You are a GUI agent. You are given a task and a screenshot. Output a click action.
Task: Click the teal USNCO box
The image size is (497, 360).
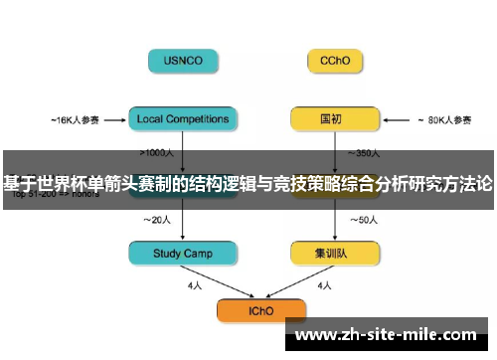tap(183, 61)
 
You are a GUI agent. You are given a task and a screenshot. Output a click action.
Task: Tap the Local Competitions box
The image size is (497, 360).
tap(183, 119)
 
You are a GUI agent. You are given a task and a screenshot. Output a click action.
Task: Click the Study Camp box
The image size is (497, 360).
tap(183, 254)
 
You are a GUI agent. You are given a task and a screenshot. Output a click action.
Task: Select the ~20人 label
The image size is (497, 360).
tap(159, 220)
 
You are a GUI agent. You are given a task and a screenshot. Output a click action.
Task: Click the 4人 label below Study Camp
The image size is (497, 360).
tap(196, 285)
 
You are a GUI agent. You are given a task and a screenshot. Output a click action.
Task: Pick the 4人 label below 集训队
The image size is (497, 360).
tap(324, 285)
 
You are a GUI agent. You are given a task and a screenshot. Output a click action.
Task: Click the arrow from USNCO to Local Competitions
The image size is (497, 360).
tap(183, 90)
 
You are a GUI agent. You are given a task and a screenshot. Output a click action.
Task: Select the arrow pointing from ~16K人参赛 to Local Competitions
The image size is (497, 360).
tap(115, 120)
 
